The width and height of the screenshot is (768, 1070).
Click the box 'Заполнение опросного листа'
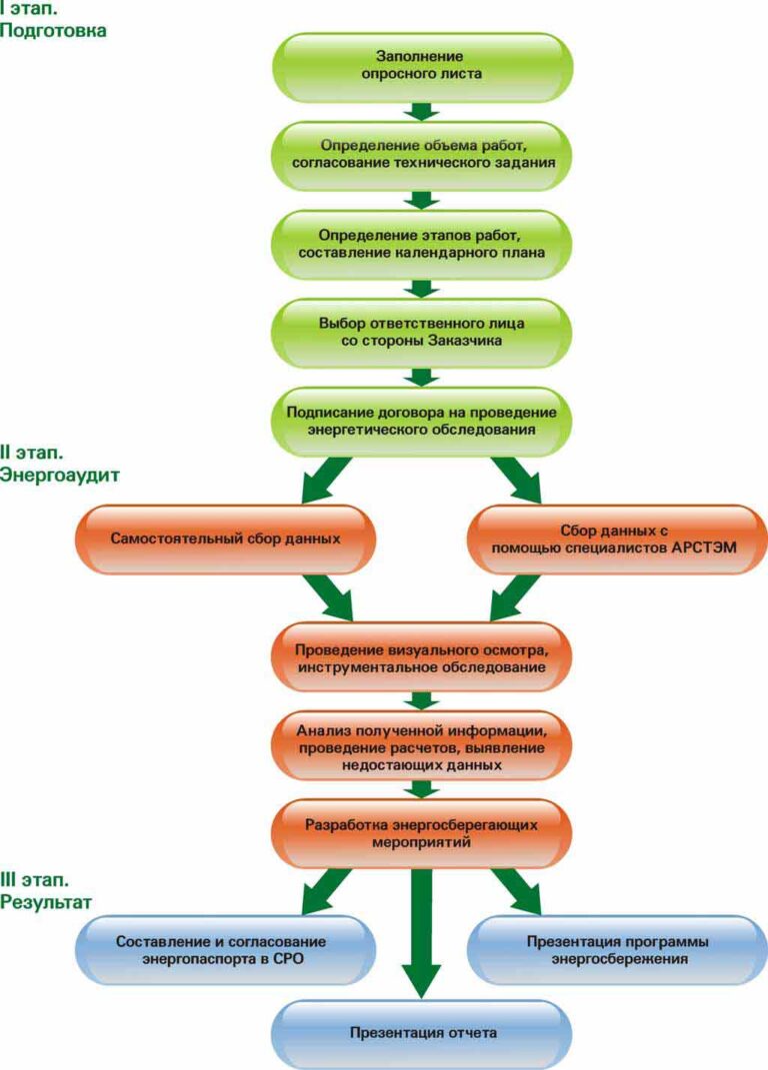tap(421, 65)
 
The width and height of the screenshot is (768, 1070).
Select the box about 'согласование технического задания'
tap(421, 151)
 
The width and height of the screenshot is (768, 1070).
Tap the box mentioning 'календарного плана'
tap(421, 243)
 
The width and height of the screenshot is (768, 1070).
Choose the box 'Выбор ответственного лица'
tap(421, 333)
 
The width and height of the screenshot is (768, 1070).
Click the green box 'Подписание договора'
tap(421, 421)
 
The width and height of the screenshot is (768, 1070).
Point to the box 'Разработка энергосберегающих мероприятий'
tap(421, 833)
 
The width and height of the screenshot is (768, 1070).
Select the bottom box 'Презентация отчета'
tap(421, 1033)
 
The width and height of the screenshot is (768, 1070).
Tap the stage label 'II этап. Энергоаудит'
tap(59, 464)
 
